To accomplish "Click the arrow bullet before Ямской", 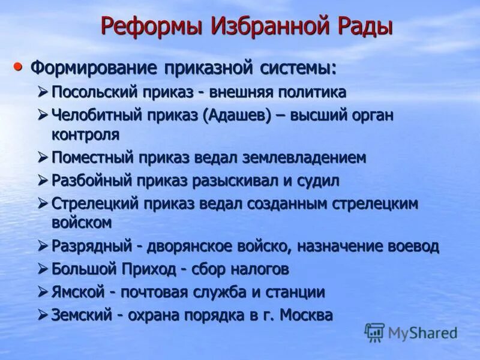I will tap(42, 292).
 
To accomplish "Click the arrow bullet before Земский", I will tap(42, 314).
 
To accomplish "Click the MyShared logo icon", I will tap(374, 332).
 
